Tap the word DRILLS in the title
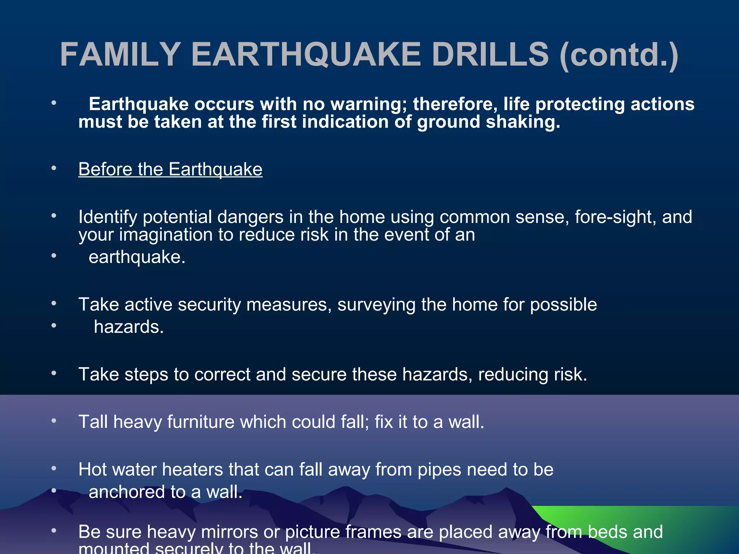click(x=490, y=55)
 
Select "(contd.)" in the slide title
click(x=619, y=56)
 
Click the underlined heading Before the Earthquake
click(x=170, y=170)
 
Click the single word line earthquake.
click(x=137, y=258)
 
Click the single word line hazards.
click(x=129, y=327)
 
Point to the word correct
click(x=222, y=374)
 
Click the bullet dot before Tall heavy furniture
click(x=54, y=421)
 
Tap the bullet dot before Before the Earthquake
click(x=54, y=168)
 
